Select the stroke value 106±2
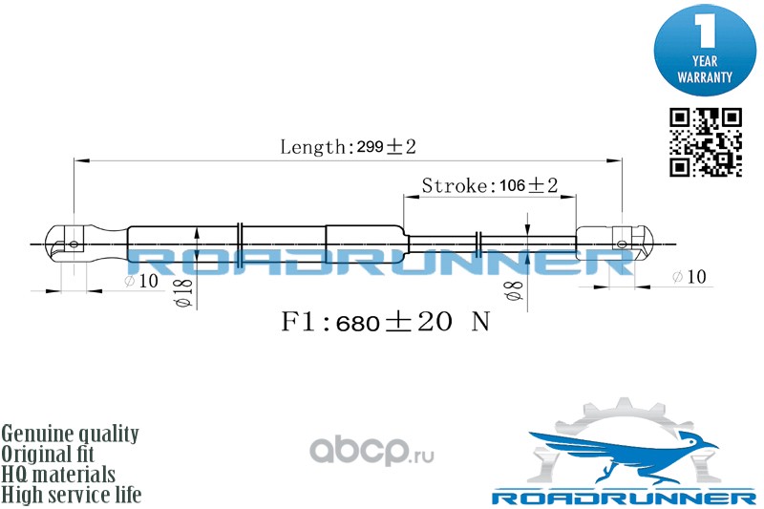[528, 185]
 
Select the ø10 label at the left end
[140, 281]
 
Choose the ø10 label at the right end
[689, 277]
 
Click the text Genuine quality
[71, 435]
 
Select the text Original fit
[57, 455]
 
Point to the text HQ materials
[58, 475]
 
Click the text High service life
[72, 495]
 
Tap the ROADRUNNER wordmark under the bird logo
[623, 498]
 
